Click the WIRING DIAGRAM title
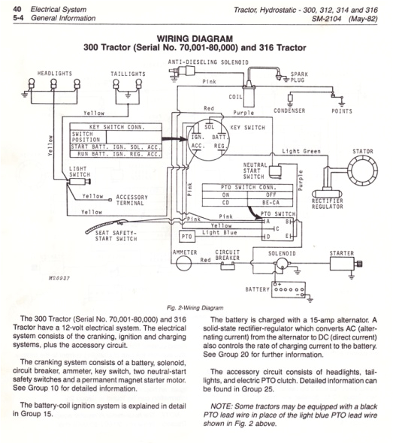[196, 38]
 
